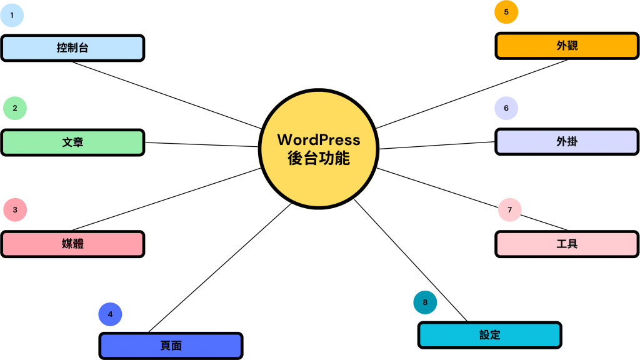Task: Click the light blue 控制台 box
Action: pyautogui.click(x=72, y=47)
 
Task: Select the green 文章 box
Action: pyautogui.click(x=72, y=142)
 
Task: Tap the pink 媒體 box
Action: pyautogui.click(x=72, y=244)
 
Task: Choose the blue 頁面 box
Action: pyautogui.click(x=171, y=346)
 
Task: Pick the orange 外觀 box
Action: pyautogui.click(x=567, y=46)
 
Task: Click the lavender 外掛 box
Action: pyautogui.click(x=567, y=142)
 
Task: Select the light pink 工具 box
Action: pyautogui.click(x=567, y=244)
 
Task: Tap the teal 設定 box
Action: pyautogui.click(x=489, y=334)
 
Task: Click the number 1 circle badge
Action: pyautogui.click(x=12, y=14)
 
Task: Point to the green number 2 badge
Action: pyautogui.click(x=15, y=108)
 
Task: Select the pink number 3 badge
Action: pyautogui.click(x=15, y=210)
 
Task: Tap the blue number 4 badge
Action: pyautogui.click(x=110, y=314)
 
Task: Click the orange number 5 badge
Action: pyautogui.click(x=506, y=11)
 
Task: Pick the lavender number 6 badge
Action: pyautogui.click(x=506, y=108)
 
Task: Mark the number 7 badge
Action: pyautogui.click(x=510, y=210)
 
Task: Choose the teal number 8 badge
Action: pyautogui.click(x=425, y=302)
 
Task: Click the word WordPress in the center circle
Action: pyautogui.click(x=319, y=139)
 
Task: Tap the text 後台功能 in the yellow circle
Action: pyautogui.click(x=319, y=158)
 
